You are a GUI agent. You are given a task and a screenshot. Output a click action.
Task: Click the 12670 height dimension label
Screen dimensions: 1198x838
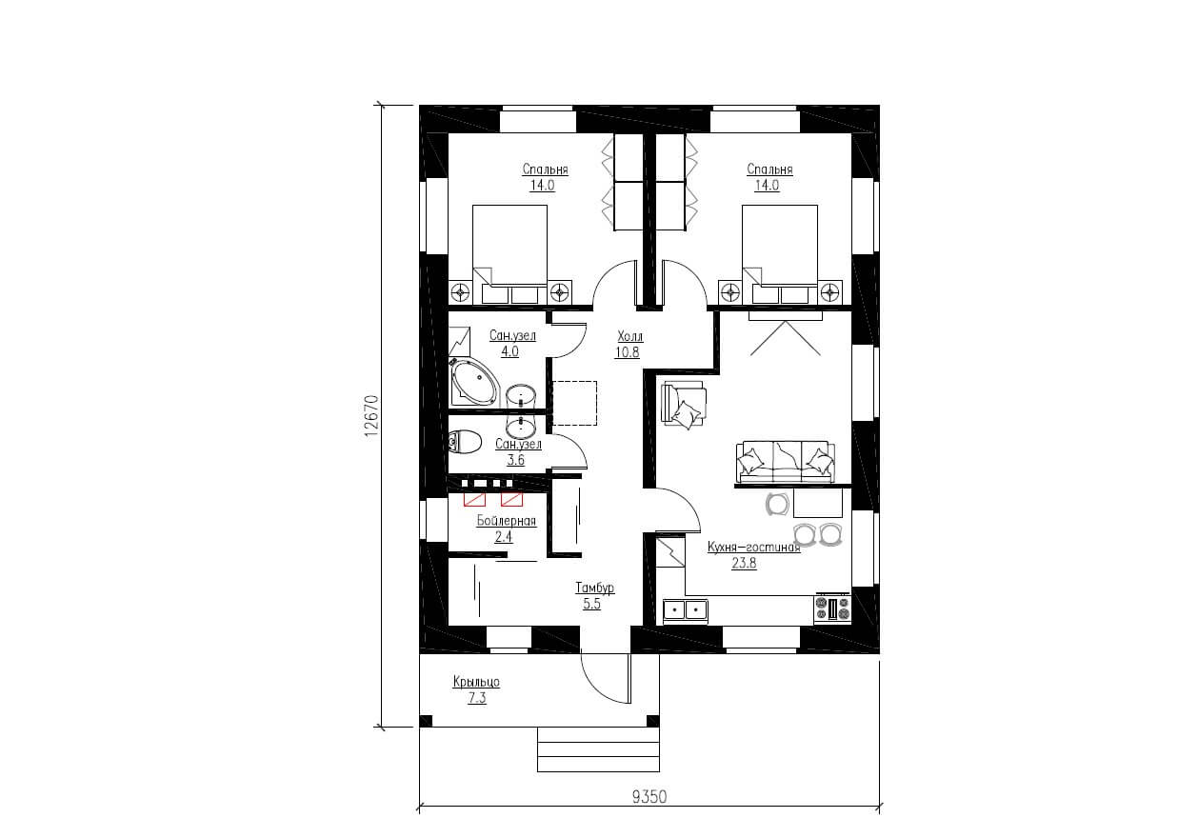(371, 415)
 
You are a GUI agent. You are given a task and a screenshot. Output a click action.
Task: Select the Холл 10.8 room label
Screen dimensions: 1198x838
(629, 345)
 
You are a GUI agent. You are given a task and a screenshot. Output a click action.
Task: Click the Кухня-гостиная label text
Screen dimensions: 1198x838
(753, 547)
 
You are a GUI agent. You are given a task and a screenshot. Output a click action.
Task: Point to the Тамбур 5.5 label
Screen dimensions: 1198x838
(594, 596)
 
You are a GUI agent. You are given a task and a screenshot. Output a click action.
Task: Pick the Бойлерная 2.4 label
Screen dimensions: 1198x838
(506, 529)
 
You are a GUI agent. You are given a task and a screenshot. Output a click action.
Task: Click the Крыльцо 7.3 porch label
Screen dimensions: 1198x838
(476, 689)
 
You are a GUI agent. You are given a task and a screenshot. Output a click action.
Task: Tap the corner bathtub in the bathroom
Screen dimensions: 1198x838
(474, 382)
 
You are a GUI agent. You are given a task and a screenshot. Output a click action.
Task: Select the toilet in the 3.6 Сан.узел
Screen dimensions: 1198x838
(465, 442)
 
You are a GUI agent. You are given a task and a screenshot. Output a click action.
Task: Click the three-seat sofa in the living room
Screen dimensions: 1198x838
(785, 461)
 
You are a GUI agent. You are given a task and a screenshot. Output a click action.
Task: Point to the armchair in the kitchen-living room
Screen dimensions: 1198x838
(684, 404)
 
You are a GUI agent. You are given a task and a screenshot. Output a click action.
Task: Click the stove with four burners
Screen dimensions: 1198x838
(832, 609)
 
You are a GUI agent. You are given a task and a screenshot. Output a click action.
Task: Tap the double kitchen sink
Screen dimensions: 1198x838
(686, 609)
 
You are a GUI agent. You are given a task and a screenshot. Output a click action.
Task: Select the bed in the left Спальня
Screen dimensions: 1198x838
(509, 254)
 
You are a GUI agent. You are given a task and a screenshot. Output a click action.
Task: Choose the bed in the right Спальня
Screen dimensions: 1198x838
(780, 254)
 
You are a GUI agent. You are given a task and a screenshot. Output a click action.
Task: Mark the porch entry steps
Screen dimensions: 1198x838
(598, 748)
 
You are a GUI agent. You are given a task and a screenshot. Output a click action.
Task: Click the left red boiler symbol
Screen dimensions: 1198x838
(474, 499)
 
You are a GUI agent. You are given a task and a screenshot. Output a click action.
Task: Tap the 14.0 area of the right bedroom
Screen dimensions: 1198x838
(767, 186)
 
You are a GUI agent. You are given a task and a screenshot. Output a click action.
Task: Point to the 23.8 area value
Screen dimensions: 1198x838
(744, 563)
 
